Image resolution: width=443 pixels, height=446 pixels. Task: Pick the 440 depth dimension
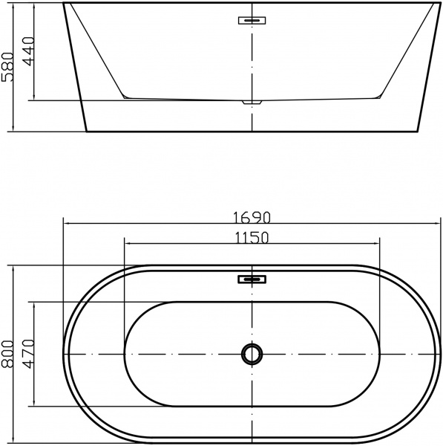click(x=29, y=51)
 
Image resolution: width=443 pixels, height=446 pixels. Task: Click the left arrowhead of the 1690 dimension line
click(x=65, y=222)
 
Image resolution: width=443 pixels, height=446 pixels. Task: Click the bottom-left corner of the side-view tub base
click(x=87, y=132)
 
